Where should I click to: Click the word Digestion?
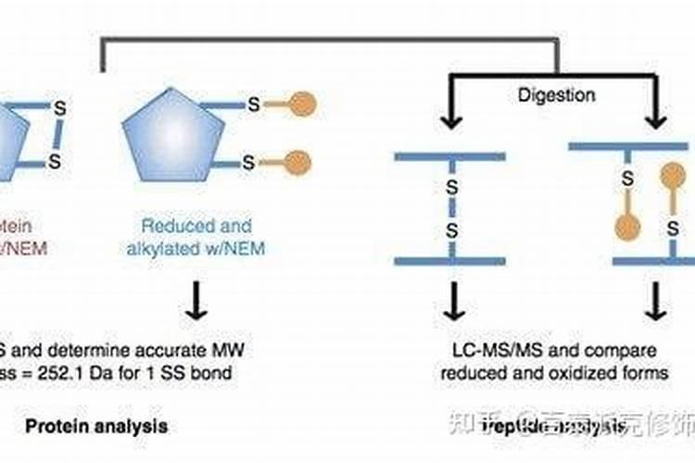pyautogui.click(x=556, y=94)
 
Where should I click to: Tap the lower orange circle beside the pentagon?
pyautogui.click(x=297, y=163)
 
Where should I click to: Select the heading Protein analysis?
pyautogui.click(x=96, y=426)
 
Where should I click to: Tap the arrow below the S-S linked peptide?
pyautogui.click(x=452, y=298)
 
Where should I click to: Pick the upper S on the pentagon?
pyautogui.click(x=253, y=105)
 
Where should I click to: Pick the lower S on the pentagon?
pyautogui.click(x=248, y=163)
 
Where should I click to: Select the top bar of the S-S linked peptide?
pyautogui.click(x=451, y=156)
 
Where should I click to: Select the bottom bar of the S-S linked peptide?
pyautogui.click(x=451, y=261)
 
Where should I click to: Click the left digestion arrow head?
pyautogui.click(x=452, y=122)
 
